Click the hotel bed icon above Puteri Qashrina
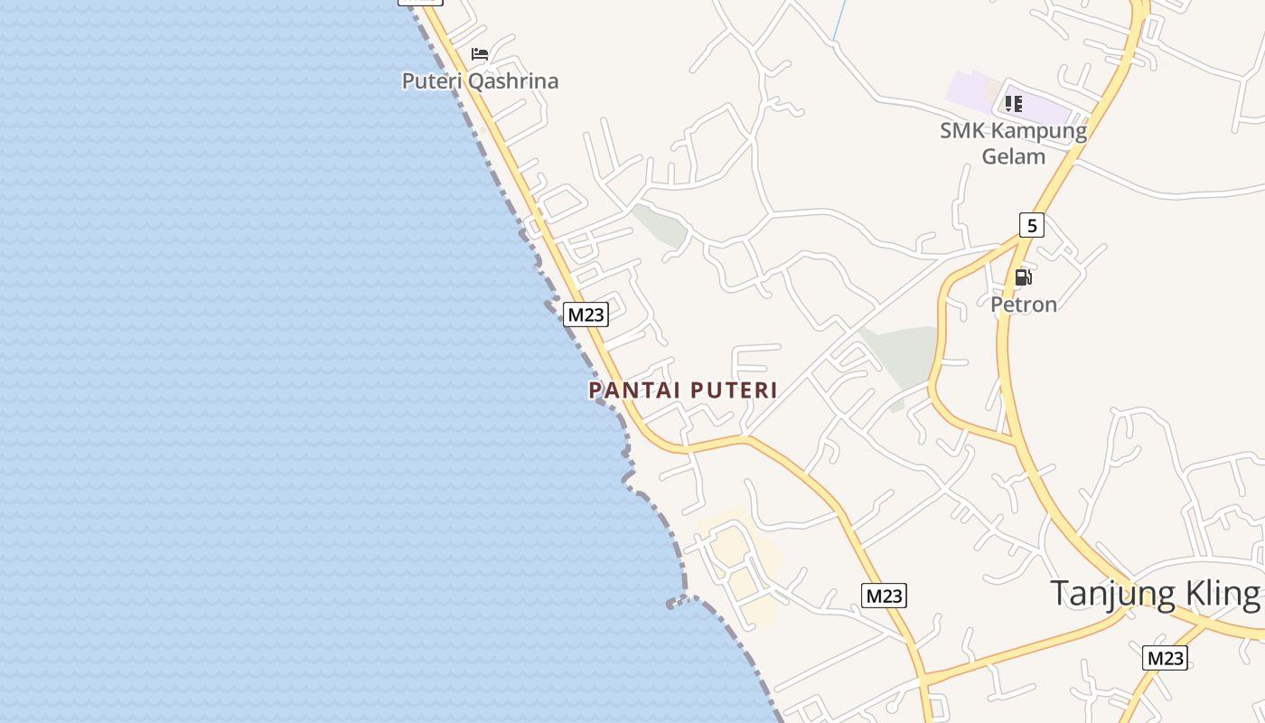(480, 54)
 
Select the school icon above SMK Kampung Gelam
(1014, 104)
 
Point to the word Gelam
(1013, 156)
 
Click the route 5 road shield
(1031, 225)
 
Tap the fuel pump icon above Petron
(1023, 277)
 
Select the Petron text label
(1024, 305)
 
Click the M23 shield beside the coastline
(586, 315)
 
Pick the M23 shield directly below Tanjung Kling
(1165, 658)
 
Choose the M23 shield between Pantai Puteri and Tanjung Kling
(884, 596)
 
